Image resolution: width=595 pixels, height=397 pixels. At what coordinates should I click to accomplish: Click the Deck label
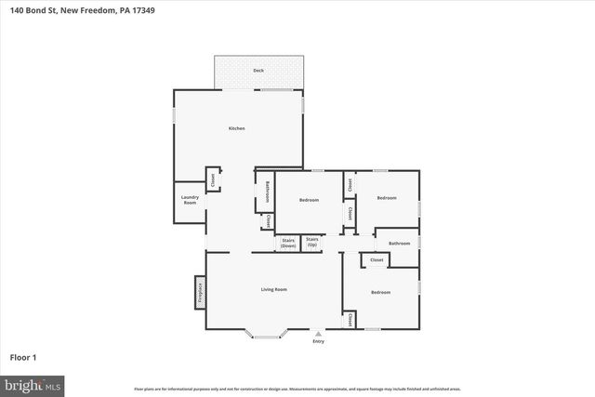258,71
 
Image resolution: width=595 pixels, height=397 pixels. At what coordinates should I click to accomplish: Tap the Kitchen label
237,128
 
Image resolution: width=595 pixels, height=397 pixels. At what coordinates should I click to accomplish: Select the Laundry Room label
190,201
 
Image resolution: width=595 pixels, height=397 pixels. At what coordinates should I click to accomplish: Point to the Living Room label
273,290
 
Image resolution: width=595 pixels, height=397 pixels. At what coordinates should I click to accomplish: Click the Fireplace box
199,292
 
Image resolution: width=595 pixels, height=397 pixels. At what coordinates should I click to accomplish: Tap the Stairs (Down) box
287,243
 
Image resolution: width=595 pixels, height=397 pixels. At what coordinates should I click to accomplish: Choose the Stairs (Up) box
312,243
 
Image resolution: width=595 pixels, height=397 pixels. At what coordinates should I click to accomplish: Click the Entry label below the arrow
319,342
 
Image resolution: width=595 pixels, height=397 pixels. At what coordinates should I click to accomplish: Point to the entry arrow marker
319,334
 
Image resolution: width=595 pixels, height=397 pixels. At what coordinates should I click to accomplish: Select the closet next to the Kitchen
212,180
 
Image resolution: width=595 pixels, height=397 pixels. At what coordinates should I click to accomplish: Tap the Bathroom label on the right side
400,243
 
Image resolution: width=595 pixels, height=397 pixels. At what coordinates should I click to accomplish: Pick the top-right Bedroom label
387,198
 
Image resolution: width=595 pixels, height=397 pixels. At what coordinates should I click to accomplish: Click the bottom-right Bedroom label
381,293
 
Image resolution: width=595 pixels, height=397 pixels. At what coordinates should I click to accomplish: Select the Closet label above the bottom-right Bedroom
377,260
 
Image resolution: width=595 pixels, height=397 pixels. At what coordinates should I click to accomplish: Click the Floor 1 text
23,357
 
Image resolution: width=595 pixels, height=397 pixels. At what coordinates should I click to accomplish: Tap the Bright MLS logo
33,383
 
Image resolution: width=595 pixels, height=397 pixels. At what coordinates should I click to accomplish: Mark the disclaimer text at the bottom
297,389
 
